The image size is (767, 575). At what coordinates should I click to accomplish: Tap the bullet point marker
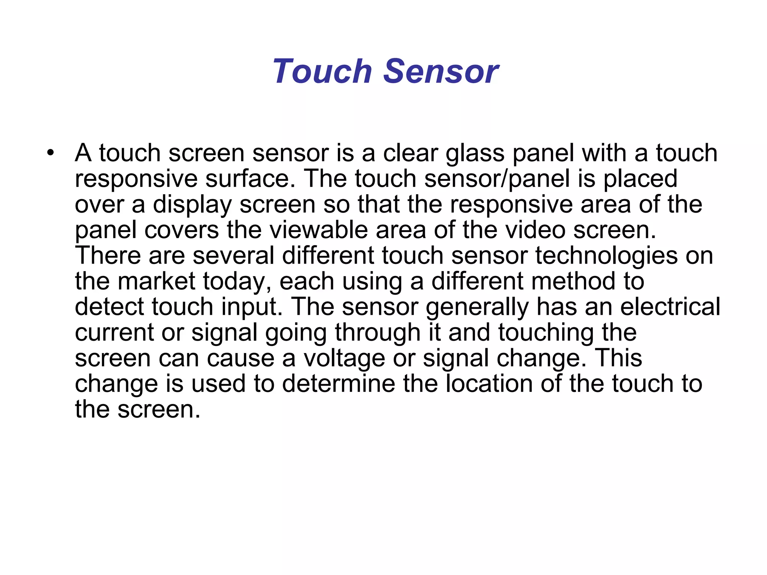click(51, 153)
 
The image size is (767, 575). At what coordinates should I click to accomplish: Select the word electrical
click(670, 307)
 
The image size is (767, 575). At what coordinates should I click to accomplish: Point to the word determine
click(339, 384)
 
